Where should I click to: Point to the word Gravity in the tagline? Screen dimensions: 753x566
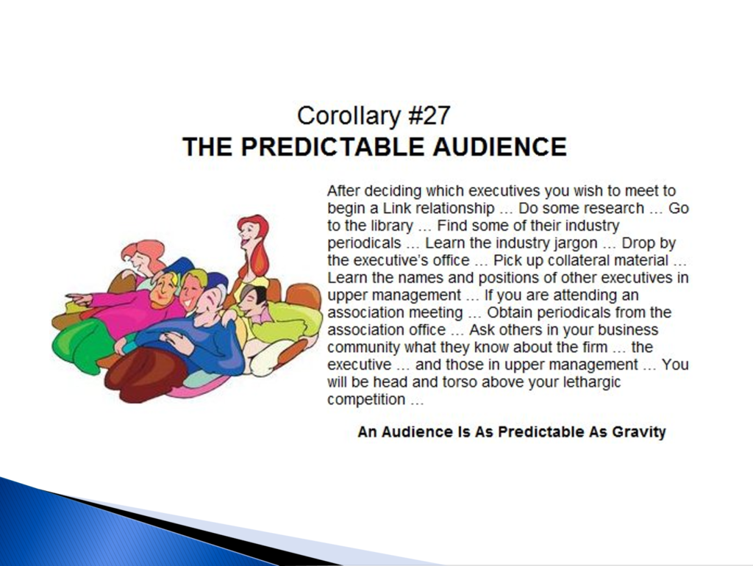[x=639, y=432]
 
